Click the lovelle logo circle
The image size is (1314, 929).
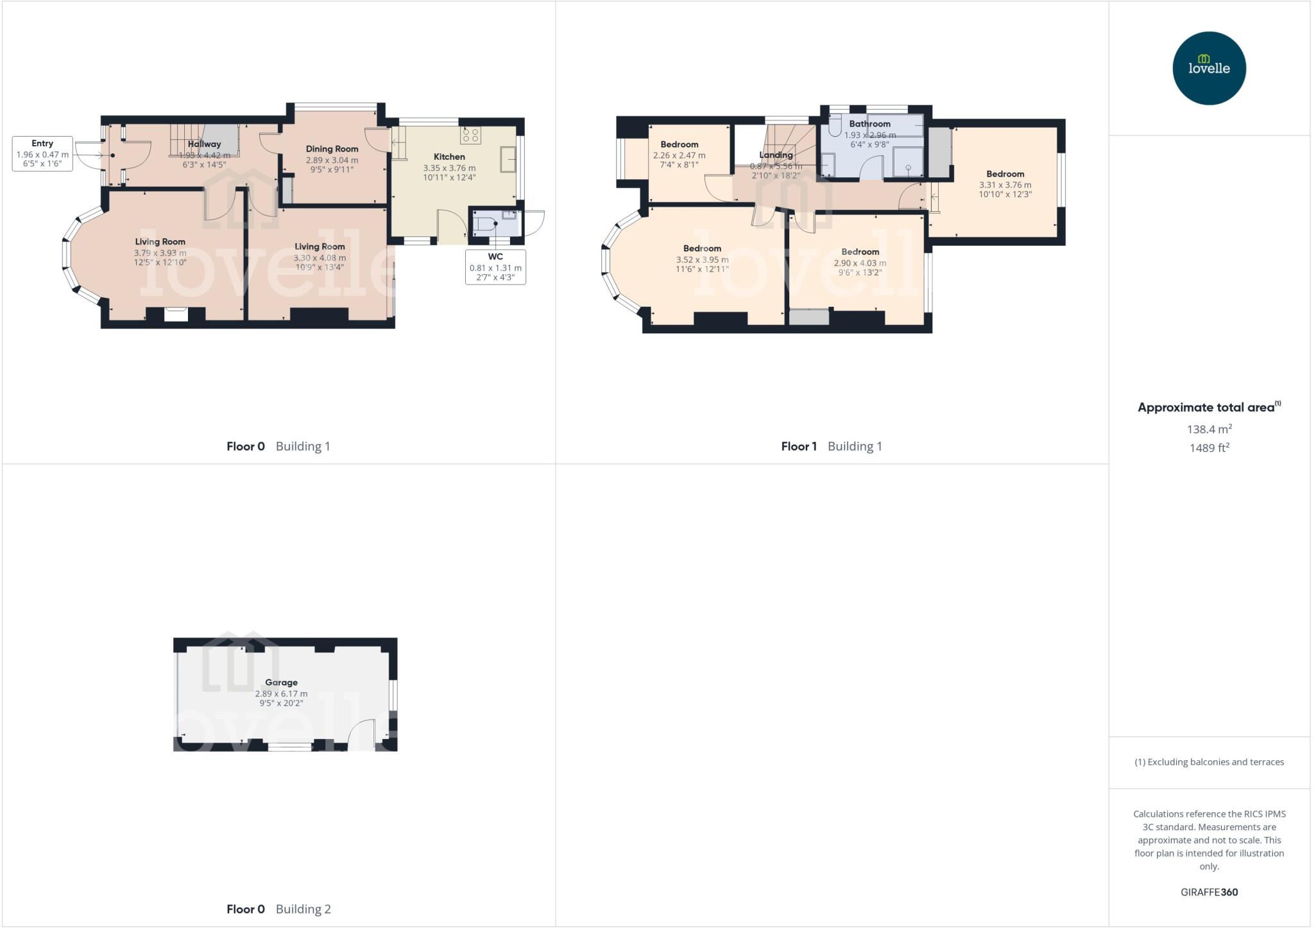click(x=1209, y=68)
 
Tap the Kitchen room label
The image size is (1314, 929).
click(x=449, y=157)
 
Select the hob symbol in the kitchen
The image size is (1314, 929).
click(x=470, y=135)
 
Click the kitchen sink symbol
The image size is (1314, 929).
click(x=508, y=159)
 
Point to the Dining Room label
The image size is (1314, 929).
click(x=332, y=149)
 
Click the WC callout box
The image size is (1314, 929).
click(x=495, y=267)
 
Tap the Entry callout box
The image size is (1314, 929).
click(x=42, y=154)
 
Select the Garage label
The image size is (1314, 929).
click(x=281, y=682)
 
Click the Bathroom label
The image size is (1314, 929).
click(x=869, y=124)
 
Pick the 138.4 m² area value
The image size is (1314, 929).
click(x=1209, y=429)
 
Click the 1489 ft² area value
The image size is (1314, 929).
click(x=1209, y=447)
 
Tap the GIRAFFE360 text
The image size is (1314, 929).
click(x=1209, y=892)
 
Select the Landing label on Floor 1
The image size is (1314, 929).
click(x=776, y=155)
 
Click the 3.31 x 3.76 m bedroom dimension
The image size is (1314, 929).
click(x=1005, y=185)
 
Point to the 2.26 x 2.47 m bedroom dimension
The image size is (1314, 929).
click(x=679, y=155)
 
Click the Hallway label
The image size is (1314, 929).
click(x=204, y=144)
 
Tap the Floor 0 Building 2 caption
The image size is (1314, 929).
click(x=278, y=908)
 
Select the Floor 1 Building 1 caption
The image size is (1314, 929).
click(x=832, y=446)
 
